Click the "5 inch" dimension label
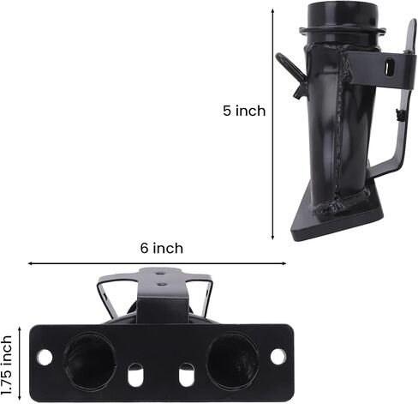244,111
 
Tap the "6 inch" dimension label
162,248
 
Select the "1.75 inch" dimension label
6,365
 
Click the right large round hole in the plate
233,359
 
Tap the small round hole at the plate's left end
45,357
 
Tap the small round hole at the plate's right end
278,357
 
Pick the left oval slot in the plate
135,375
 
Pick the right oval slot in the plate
187,375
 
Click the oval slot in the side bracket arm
389,66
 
